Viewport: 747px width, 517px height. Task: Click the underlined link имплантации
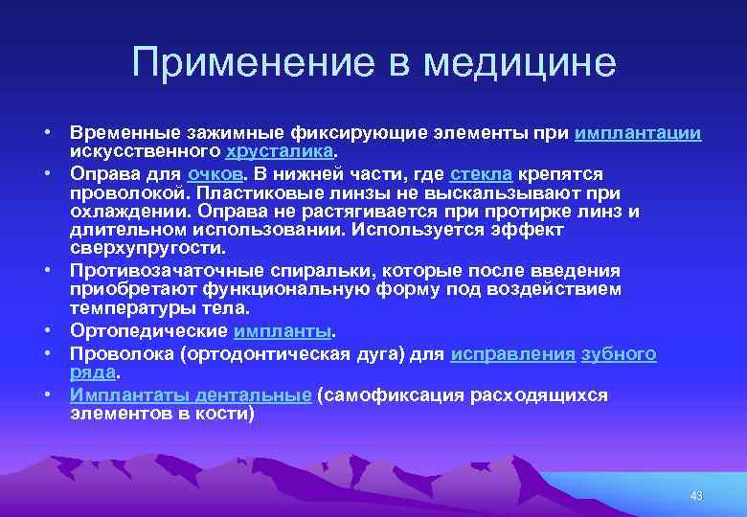pos(638,134)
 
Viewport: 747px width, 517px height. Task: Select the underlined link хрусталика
pos(280,151)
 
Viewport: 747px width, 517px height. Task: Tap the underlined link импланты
pos(282,331)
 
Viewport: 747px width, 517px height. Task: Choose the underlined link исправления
pos(512,354)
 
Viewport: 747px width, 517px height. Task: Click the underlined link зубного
pos(620,354)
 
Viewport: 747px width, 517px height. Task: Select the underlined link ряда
pos(92,371)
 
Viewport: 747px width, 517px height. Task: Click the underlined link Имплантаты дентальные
pos(191,395)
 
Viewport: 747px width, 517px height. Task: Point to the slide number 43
pos(695,495)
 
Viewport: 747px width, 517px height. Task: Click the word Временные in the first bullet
pos(121,134)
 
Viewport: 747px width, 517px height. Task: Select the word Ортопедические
pos(148,331)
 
